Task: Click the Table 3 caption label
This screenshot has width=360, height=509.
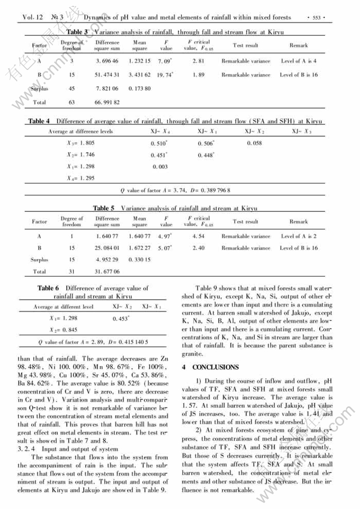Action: (78, 32)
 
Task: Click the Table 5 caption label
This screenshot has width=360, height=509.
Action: (104, 209)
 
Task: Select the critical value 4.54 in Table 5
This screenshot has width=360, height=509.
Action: (199, 236)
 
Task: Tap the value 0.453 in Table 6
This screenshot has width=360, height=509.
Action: (122, 319)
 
